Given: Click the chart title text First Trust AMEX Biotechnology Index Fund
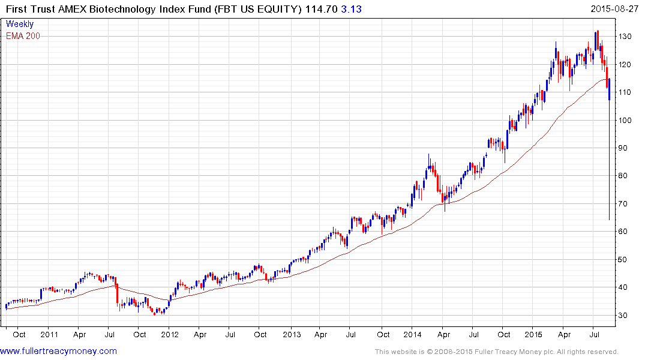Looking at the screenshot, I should point(108,9).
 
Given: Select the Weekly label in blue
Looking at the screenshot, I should point(20,24).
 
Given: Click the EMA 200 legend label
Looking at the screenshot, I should point(23,36).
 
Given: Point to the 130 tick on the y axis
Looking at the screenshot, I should point(626,37).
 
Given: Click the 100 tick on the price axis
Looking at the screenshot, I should point(626,120).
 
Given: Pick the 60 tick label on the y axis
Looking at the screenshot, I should point(625,232).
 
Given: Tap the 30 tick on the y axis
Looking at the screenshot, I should point(625,316).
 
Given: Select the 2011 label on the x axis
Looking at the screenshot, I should point(49,334).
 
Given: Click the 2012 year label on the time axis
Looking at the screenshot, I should point(169,334).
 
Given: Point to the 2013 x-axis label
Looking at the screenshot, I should point(291,334).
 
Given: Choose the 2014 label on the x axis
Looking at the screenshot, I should point(413,334).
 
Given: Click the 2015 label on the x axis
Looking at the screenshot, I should point(534,334).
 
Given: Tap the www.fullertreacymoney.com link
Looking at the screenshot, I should point(58,351).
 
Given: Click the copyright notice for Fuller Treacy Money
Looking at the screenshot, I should point(496,352).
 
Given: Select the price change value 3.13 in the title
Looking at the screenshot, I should point(352,9).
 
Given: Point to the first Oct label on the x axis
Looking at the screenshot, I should point(18,334).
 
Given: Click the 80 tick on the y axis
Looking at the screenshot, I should point(625,176).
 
